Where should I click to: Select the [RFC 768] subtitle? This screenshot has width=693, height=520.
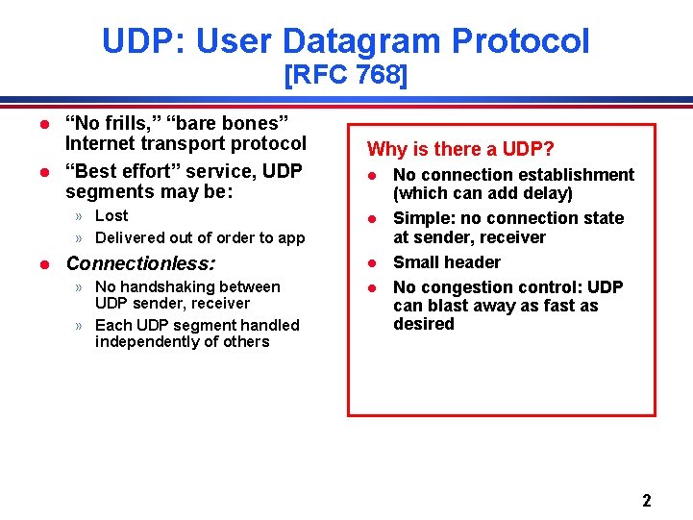click(x=346, y=75)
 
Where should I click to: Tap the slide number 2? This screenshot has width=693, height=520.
click(x=646, y=500)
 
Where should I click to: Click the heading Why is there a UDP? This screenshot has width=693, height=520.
click(x=460, y=149)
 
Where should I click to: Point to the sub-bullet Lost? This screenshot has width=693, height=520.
click(x=111, y=215)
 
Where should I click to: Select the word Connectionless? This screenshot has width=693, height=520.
click(x=140, y=262)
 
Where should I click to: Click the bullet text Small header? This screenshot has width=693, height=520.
click(x=447, y=262)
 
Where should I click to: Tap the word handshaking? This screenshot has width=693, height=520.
click(x=170, y=286)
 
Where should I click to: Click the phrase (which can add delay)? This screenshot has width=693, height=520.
click(x=483, y=193)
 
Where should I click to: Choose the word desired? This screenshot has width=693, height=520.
click(x=423, y=324)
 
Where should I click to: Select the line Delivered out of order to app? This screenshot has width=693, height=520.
click(x=200, y=237)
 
